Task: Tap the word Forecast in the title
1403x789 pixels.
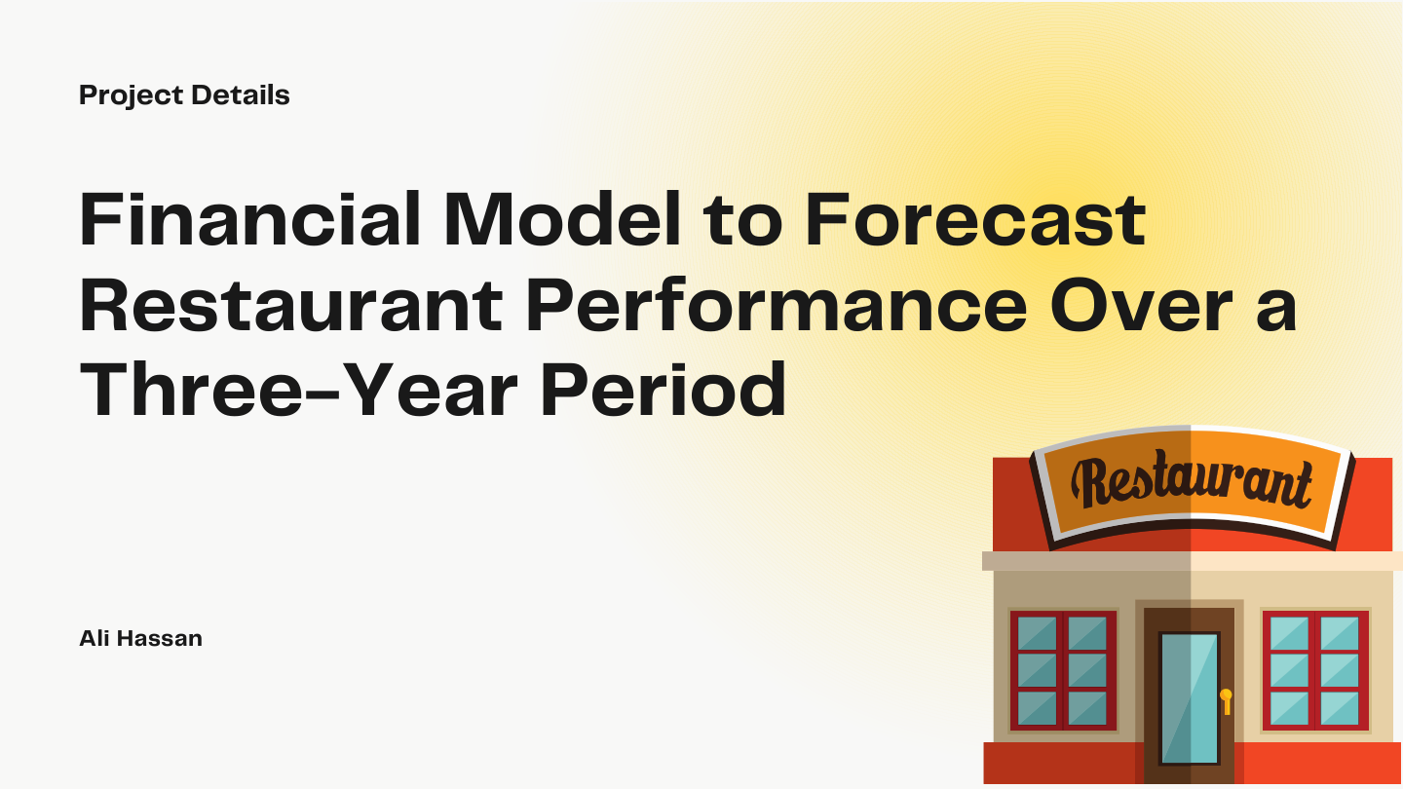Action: [975, 221]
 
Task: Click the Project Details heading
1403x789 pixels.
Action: [184, 95]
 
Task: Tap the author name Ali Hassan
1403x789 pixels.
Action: [140, 639]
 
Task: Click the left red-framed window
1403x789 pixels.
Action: [1063, 670]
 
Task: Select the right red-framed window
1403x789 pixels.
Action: [1314, 670]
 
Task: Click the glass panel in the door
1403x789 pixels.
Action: [1189, 695]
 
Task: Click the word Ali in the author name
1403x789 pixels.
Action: [95, 639]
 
